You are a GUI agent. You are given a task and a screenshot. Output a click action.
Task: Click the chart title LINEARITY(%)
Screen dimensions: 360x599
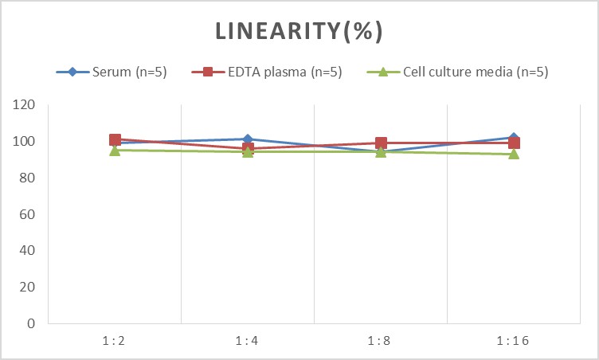point(299,31)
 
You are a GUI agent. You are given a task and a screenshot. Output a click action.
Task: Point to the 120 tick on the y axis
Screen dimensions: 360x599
point(25,105)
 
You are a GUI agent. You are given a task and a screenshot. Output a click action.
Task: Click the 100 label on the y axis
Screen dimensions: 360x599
point(25,142)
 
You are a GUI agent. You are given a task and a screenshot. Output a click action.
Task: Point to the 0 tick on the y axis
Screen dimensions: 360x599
point(31,323)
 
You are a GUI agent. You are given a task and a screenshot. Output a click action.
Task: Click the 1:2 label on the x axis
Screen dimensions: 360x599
point(115,341)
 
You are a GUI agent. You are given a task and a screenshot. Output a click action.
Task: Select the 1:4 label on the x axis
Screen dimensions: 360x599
point(248,341)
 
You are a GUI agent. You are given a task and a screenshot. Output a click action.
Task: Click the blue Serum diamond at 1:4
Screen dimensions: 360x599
point(248,139)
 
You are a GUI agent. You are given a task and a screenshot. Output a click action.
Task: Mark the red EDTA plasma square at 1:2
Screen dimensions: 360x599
point(115,140)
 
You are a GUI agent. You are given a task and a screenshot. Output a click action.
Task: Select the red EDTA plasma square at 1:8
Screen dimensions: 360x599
point(381,143)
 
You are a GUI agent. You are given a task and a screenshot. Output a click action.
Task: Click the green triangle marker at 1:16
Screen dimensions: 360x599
point(514,154)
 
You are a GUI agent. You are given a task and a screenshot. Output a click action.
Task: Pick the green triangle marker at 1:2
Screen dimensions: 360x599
point(115,150)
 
